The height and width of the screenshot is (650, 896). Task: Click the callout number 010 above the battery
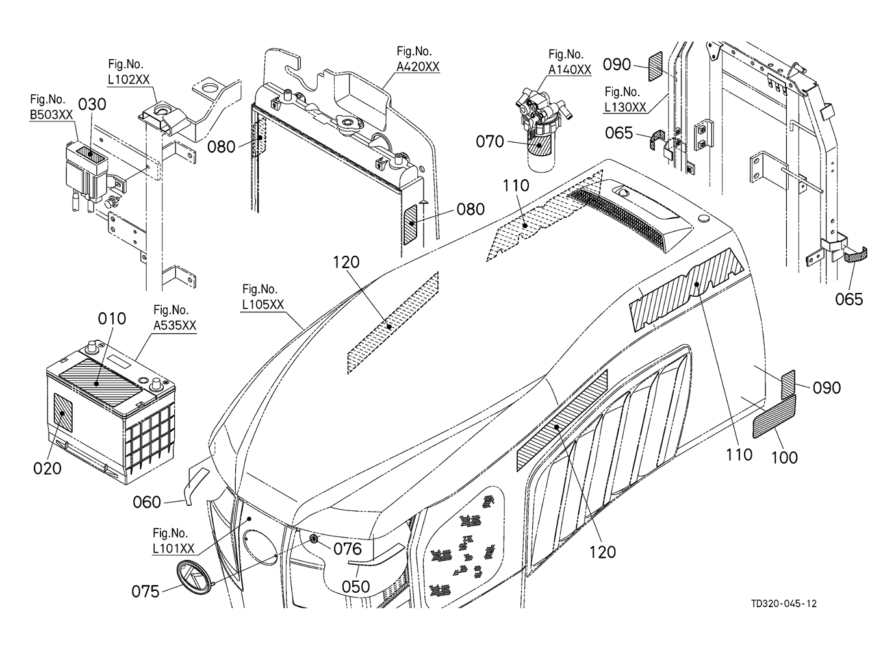(x=112, y=319)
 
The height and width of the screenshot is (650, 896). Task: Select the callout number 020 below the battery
(x=47, y=469)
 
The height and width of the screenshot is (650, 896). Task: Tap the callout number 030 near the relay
(x=92, y=105)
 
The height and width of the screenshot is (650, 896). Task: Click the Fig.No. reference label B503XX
(x=51, y=115)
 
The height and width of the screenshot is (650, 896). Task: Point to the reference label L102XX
(x=129, y=80)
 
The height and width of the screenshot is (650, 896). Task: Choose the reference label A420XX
(x=418, y=67)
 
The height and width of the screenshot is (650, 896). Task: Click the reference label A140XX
(x=570, y=70)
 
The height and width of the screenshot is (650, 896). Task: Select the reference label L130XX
(x=625, y=107)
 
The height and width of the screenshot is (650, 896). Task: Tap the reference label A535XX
(x=175, y=326)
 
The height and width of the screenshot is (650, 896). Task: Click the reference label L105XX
(x=262, y=305)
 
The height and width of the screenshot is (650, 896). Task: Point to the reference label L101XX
(x=173, y=549)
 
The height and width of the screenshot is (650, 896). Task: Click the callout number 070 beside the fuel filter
(x=490, y=142)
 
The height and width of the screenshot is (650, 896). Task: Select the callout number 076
(x=347, y=549)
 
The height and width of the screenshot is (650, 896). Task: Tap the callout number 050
(x=355, y=587)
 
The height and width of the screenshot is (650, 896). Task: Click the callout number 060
(x=146, y=502)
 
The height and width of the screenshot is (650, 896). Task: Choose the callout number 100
(x=784, y=458)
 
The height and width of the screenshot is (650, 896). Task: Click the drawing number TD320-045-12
(x=784, y=604)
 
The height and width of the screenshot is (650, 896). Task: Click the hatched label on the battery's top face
(x=101, y=382)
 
